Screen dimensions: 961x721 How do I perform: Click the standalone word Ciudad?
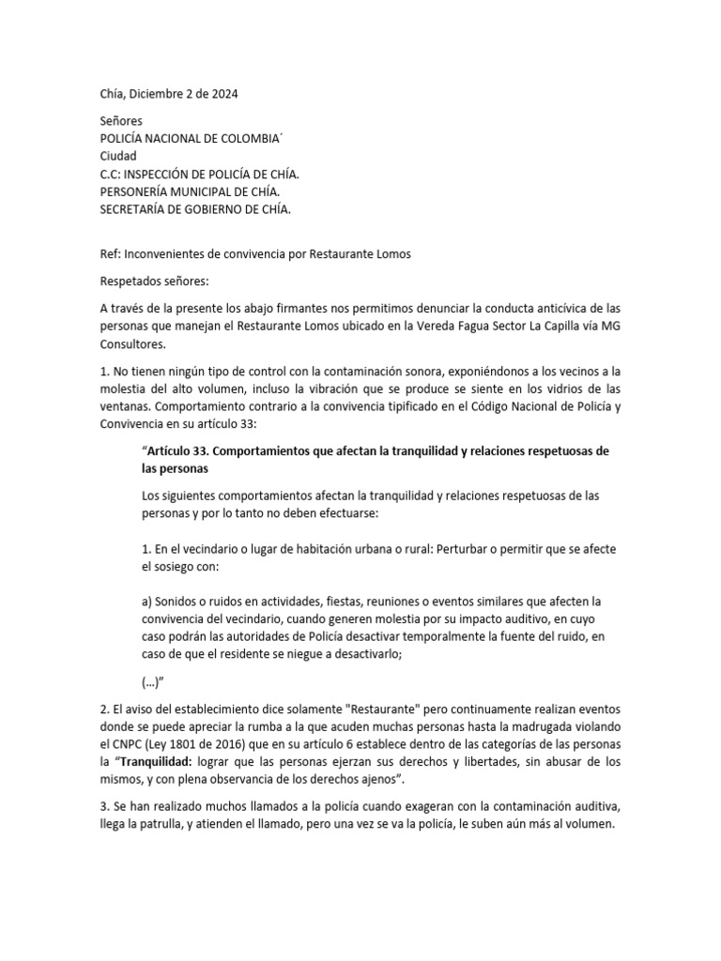[x=118, y=156]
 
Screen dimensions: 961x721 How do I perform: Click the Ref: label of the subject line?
[x=110, y=253]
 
